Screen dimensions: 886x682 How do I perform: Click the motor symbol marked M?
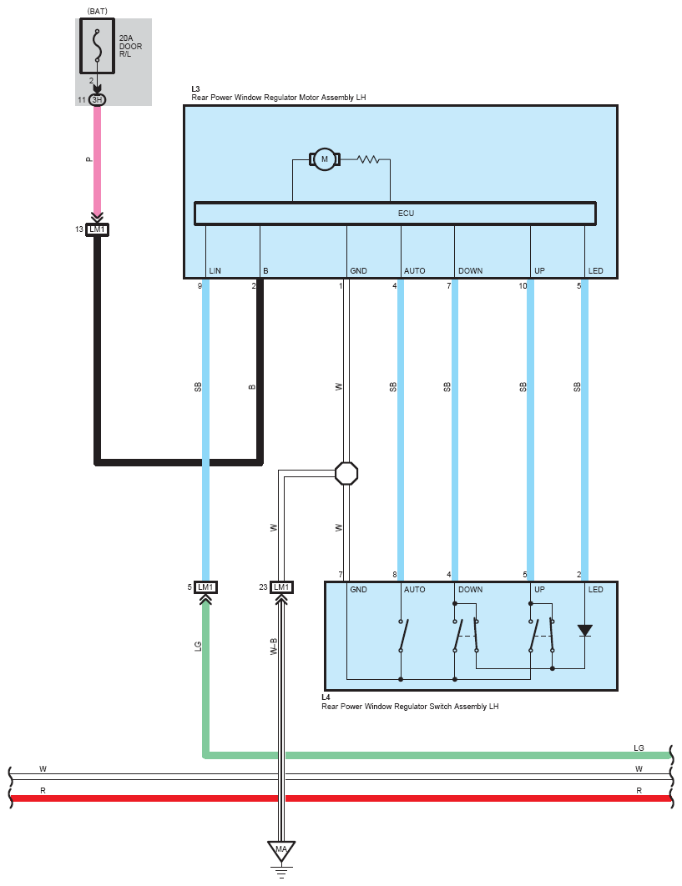[324, 159]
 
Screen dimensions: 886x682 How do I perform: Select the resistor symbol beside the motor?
[368, 159]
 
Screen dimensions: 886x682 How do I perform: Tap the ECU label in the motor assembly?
[406, 214]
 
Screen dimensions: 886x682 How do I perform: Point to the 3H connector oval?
[98, 100]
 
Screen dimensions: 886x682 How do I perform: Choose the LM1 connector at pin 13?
[98, 229]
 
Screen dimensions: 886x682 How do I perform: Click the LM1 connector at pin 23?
[282, 587]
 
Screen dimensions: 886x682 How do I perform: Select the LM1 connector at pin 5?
[205, 587]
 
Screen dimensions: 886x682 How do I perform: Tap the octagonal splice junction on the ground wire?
[346, 473]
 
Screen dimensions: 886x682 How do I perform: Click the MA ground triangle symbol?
[281, 851]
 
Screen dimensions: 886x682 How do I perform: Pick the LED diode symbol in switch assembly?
[584, 631]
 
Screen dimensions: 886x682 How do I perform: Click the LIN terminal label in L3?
[215, 271]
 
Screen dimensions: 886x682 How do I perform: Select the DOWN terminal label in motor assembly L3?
[470, 271]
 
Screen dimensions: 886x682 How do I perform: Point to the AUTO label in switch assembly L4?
[414, 590]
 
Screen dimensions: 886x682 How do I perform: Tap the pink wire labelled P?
[98, 159]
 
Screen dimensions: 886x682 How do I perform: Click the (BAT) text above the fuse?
[98, 12]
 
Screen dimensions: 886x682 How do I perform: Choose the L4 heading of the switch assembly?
[326, 697]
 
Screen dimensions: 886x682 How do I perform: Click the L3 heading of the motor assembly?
[195, 88]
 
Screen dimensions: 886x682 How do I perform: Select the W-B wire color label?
[273, 647]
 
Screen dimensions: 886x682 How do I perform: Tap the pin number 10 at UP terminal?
[522, 286]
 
